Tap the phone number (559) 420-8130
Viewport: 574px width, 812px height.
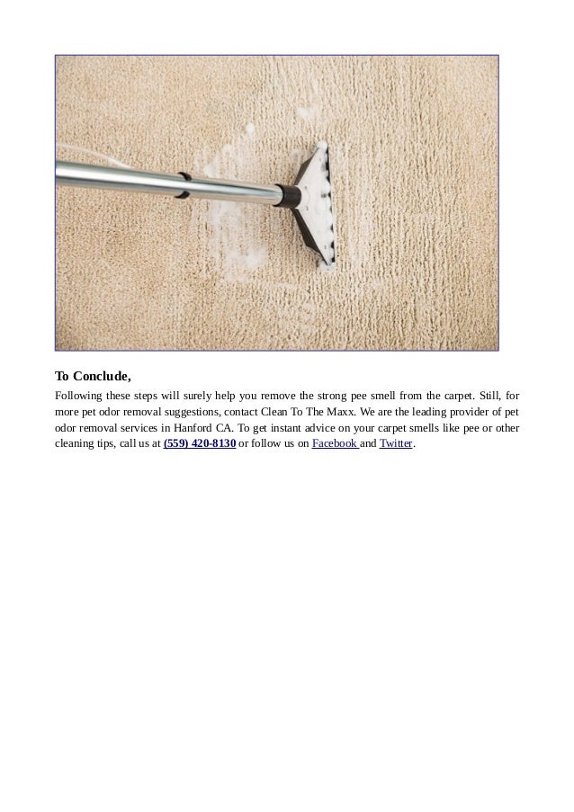click(x=200, y=443)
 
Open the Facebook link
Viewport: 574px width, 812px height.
click(x=335, y=443)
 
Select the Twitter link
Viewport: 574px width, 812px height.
click(x=396, y=443)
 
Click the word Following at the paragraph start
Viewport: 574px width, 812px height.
click(x=79, y=395)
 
